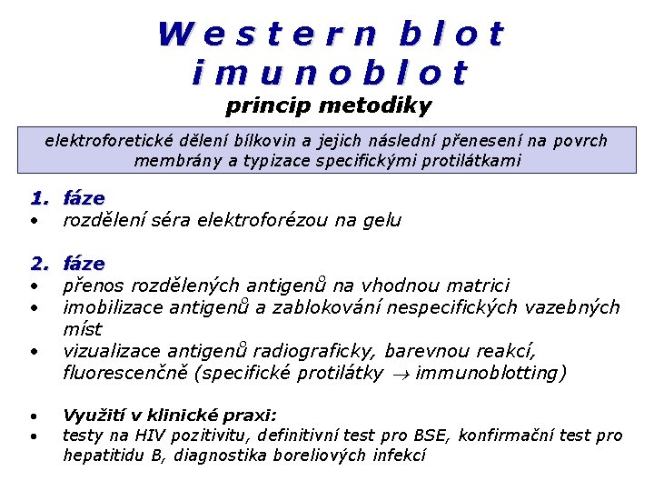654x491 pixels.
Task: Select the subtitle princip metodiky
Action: pos(328,106)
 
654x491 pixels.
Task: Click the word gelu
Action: pos(381,220)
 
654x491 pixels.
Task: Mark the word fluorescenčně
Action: pos(121,373)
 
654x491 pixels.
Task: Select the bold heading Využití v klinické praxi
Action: pos(169,414)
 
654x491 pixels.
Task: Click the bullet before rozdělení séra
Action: pos(34,221)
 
